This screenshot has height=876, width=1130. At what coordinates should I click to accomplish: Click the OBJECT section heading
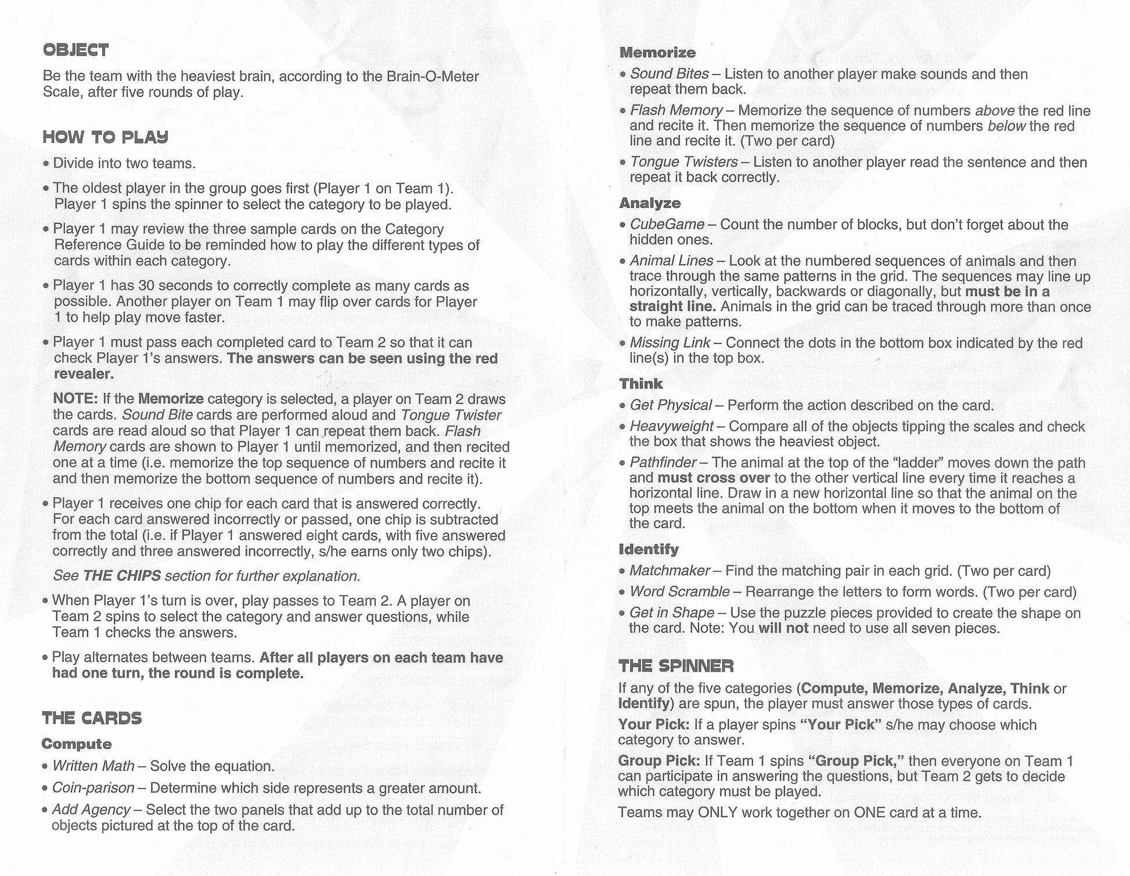[75, 51]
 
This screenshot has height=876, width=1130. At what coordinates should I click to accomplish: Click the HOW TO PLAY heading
[105, 138]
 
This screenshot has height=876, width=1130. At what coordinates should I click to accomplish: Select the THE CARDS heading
[92, 718]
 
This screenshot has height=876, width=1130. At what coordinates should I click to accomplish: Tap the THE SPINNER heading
[676, 665]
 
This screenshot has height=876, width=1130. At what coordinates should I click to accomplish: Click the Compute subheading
[77, 744]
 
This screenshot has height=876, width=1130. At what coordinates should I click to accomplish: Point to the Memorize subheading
[657, 53]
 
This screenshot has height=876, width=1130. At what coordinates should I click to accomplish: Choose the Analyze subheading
[650, 203]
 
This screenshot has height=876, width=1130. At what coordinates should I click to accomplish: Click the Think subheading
[640, 384]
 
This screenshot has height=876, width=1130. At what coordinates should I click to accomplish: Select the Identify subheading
[648, 549]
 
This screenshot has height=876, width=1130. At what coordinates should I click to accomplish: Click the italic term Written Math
[93, 766]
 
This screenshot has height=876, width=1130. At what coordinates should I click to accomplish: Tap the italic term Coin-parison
[93, 788]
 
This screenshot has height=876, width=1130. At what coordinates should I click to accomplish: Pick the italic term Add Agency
[91, 810]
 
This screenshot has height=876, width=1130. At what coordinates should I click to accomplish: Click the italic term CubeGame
[667, 225]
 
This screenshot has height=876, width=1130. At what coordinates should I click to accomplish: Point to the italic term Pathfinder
[663, 463]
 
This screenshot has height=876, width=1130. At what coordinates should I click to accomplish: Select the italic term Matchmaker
[670, 571]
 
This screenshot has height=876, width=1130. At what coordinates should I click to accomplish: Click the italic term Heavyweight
[671, 427]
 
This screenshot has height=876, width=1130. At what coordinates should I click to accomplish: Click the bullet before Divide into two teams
[46, 164]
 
